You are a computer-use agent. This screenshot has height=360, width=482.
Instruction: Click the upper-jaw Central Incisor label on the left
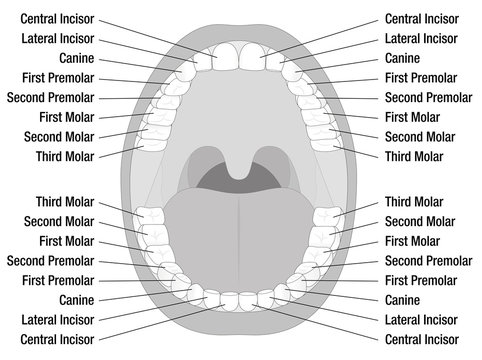click(x=56, y=19)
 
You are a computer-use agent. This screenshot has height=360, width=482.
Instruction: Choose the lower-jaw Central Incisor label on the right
click(x=426, y=339)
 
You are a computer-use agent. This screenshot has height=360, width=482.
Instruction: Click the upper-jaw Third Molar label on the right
click(x=416, y=156)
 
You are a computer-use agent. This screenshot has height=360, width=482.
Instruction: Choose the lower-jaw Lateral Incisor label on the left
click(x=56, y=320)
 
